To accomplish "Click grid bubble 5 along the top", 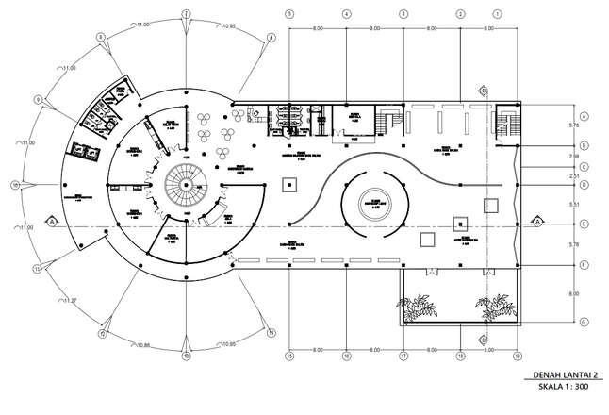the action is pyautogui.click(x=290, y=14).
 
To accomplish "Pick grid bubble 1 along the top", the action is pyautogui.click(x=497, y=14).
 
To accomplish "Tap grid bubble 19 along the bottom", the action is pyautogui.click(x=517, y=356).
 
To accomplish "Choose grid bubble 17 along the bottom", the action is pyautogui.click(x=403, y=356).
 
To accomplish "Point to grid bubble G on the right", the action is pyautogui.click(x=584, y=323).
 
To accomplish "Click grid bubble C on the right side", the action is pyautogui.click(x=584, y=167).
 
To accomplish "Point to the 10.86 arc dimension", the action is pyautogui.click(x=143, y=344).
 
